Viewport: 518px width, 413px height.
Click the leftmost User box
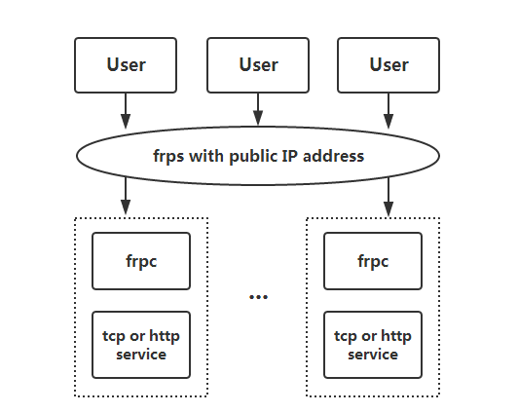(126, 65)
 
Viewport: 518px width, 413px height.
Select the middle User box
(258, 65)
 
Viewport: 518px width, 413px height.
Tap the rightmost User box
(388, 65)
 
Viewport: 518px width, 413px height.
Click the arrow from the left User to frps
(126, 111)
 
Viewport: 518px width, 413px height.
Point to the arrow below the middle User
(258, 109)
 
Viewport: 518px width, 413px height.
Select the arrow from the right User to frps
(388, 111)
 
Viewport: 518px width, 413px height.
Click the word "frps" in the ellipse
(168, 156)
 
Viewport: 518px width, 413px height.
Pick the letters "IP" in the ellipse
(290, 156)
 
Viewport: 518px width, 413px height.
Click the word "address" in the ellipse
(333, 156)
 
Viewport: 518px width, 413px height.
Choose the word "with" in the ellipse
(206, 156)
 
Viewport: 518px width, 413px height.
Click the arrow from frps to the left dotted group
(126, 196)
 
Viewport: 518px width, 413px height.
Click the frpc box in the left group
(141, 261)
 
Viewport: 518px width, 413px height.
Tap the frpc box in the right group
(373, 261)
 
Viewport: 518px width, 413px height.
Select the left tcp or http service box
(141, 345)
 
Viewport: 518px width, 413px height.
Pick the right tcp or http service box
(373, 345)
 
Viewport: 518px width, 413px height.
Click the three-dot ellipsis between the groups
(258, 297)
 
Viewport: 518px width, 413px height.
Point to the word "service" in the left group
(141, 355)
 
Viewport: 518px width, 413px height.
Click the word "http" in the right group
(396, 337)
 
